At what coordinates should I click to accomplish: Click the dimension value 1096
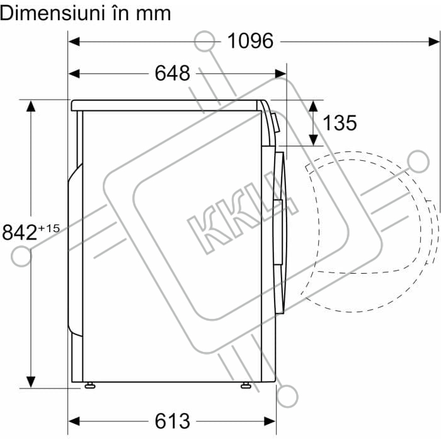pos(250,41)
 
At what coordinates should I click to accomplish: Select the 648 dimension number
pos(173,74)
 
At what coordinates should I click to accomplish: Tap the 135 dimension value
pos(340,123)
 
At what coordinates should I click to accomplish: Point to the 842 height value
pos(20,232)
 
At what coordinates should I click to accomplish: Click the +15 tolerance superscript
pos(49,228)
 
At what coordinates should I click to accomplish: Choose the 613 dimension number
pos(173,421)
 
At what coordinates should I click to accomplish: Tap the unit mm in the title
pos(153,15)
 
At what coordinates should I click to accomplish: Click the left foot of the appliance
pos(89,385)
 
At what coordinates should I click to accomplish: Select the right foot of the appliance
pos(246,385)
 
